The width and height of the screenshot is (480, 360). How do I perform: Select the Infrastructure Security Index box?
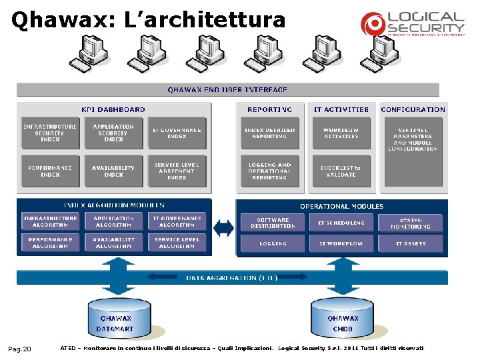[x=50, y=133]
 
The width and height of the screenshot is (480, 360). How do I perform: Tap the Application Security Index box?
[x=113, y=133]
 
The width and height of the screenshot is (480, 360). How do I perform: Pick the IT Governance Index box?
[x=177, y=133]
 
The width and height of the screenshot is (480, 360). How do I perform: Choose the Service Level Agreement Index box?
[x=177, y=171]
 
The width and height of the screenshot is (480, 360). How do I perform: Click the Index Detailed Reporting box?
[x=270, y=133]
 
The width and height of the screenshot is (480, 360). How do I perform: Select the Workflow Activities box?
[x=341, y=133]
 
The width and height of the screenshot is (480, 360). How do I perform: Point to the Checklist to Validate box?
[x=341, y=171]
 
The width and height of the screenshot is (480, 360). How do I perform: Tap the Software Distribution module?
[x=273, y=223]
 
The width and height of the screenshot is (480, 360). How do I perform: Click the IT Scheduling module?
[x=341, y=223]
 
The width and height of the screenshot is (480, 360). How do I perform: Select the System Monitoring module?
[x=411, y=223]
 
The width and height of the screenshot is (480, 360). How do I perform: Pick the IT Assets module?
[x=411, y=243]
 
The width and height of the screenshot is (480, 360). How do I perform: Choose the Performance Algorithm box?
[x=50, y=243]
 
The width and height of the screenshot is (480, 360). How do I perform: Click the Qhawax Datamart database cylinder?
[x=115, y=319]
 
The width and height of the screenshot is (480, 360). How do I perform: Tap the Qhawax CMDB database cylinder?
[x=343, y=319]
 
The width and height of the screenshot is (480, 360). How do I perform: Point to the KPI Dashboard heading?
[x=113, y=109]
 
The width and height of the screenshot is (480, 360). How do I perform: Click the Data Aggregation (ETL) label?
[x=232, y=277]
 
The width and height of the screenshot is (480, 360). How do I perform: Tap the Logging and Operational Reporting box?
[x=270, y=171]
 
